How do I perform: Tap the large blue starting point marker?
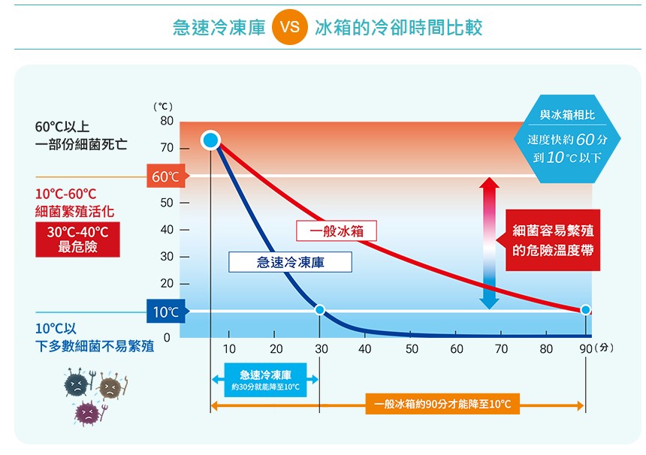210,140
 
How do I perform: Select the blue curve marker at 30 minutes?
320,309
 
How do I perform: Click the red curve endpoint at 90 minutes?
585,309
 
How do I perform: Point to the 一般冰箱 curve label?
337,231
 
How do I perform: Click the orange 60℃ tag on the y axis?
165,177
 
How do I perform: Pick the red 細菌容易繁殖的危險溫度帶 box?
553,240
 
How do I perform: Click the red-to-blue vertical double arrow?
490,243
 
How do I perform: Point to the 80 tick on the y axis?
166,121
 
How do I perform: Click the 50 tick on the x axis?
412,349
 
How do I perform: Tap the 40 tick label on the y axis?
166,230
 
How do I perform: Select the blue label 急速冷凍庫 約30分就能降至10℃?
265,380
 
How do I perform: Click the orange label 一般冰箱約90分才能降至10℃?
442,405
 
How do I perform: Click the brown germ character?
110,387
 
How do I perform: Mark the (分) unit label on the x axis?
604,349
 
